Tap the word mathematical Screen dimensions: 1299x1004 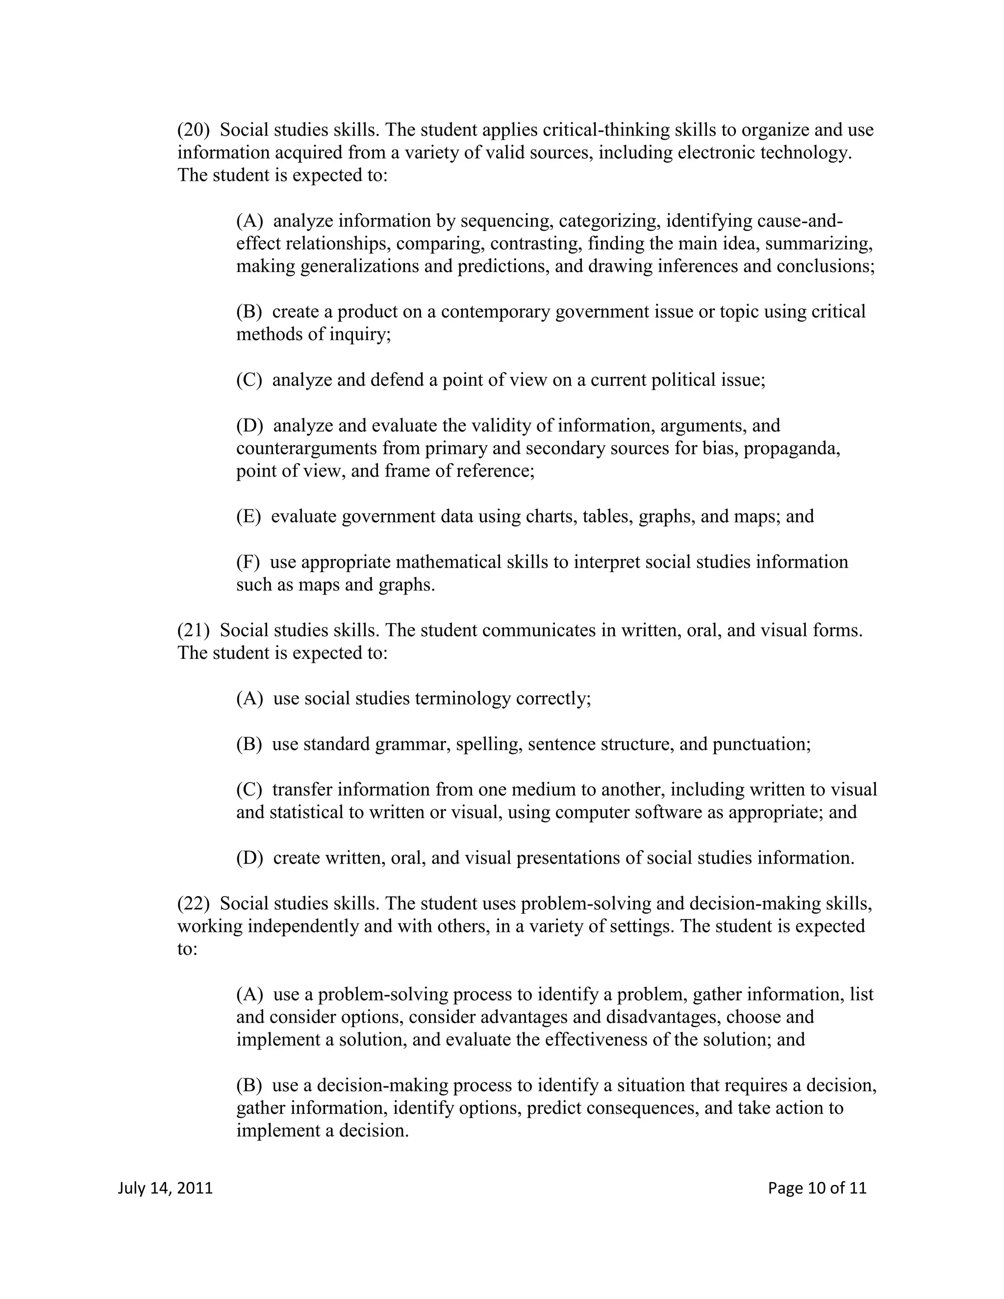tap(449, 562)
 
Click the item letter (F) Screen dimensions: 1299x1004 tap(248, 562)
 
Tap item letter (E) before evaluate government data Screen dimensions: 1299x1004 tap(249, 516)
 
